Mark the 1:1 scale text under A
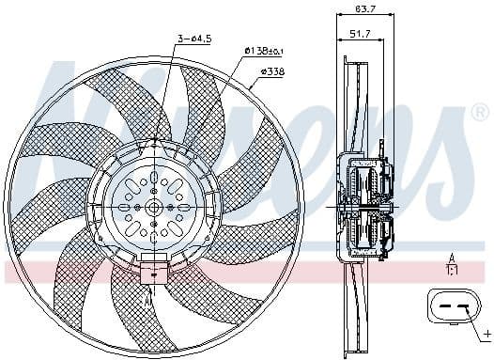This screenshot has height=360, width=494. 452,271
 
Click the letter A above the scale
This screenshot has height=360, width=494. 452,258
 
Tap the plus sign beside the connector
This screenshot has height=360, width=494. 486,333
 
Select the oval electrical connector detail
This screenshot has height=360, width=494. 449,307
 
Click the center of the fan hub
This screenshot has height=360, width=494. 153,207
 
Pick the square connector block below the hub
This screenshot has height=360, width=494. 152,273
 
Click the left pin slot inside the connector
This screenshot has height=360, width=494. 440,307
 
